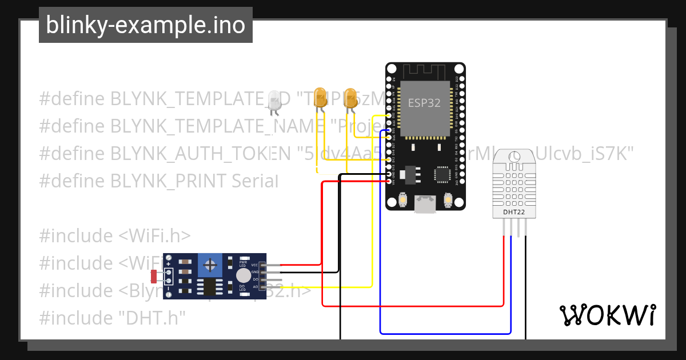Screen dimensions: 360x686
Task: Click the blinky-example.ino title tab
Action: (145, 25)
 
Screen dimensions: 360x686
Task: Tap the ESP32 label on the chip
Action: (424, 103)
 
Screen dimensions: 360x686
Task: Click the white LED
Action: (274, 100)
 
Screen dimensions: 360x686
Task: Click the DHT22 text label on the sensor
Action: (513, 213)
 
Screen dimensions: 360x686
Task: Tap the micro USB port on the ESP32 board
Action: (425, 205)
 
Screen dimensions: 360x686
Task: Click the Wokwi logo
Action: (607, 315)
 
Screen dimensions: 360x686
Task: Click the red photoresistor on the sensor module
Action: (154, 277)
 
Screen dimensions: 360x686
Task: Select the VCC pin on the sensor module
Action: (263, 265)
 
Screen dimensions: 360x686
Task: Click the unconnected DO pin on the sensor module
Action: (263, 279)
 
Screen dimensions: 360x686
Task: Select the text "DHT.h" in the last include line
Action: (152, 318)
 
